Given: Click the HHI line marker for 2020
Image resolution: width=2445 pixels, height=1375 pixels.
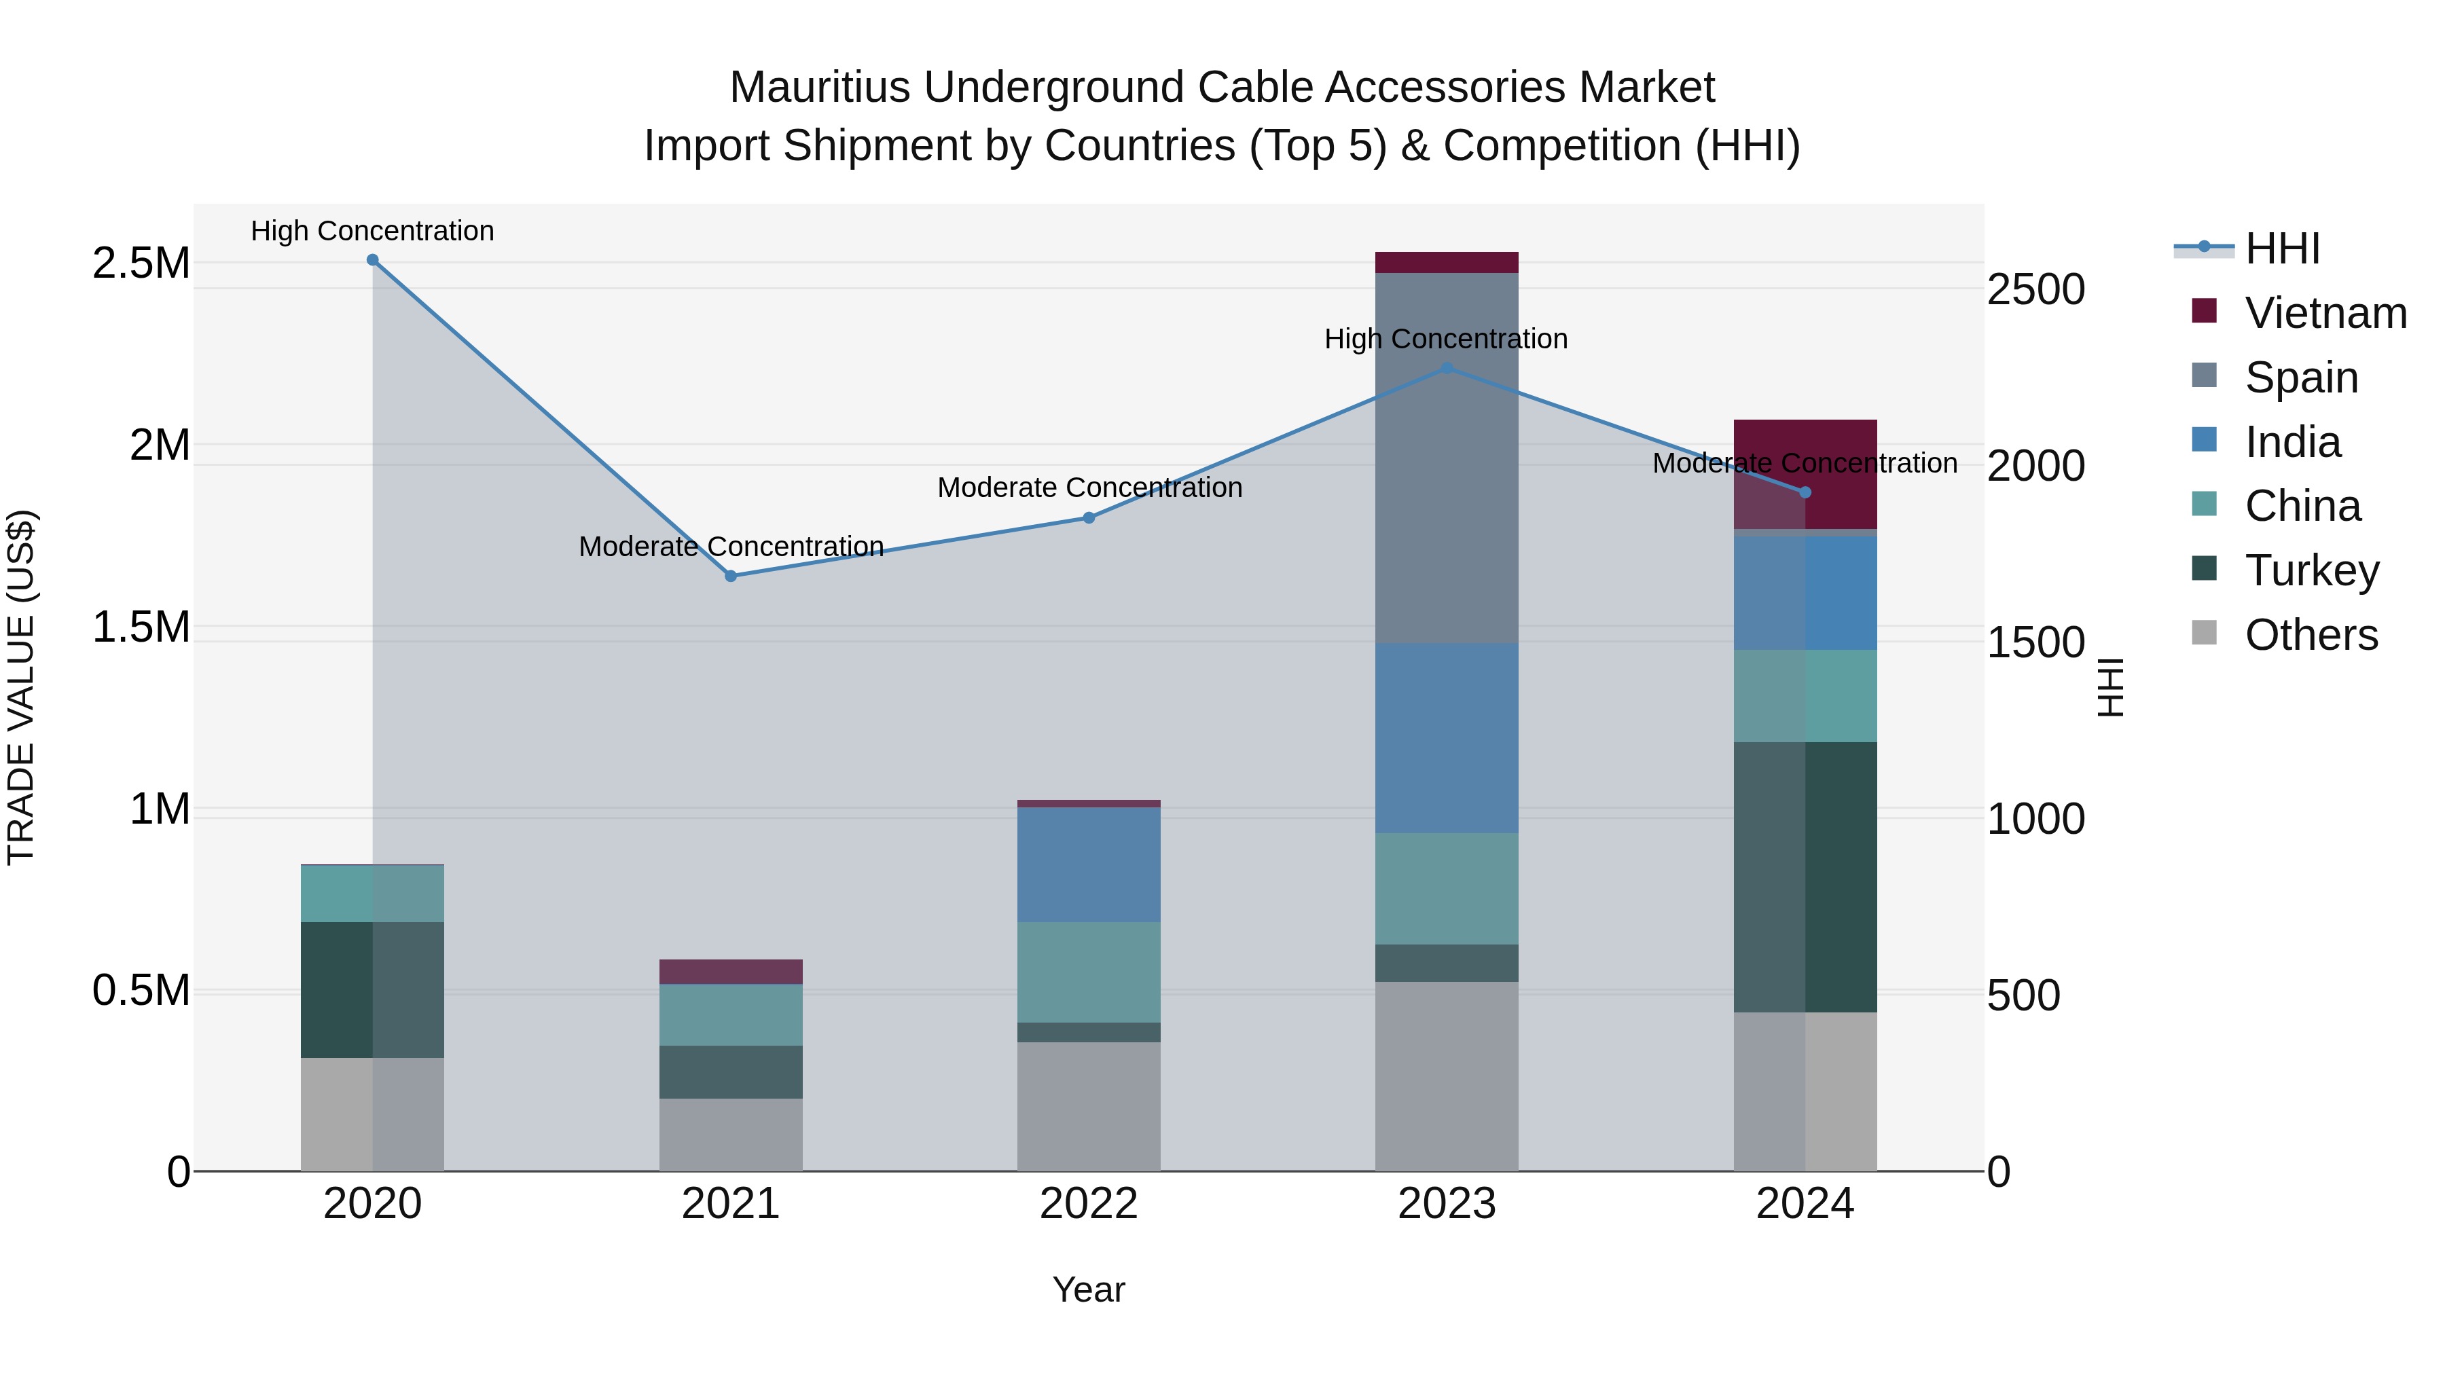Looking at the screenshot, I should coord(372,260).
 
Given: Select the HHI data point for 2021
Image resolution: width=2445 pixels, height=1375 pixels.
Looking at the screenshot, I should coord(731,576).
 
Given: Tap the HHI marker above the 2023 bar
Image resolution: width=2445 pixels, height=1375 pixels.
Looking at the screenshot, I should coord(1447,368).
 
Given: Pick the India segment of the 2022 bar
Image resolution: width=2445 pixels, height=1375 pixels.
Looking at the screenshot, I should coord(1089,864).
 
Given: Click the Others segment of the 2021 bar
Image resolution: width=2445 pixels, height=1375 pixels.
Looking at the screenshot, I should coord(731,1134).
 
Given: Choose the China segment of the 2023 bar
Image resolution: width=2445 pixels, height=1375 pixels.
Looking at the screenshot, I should coord(1447,888).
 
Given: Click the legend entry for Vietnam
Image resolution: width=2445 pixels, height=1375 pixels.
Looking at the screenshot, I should coord(2325,313).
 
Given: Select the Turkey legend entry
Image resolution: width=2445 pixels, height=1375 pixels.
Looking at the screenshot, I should coord(2311,570).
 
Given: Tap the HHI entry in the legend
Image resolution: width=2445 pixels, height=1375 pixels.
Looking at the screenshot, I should coord(2282,249).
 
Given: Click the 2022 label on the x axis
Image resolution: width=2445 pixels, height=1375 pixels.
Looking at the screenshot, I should coord(1089,1204).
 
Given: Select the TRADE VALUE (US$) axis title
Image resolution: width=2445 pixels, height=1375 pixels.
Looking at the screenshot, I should coord(21,687).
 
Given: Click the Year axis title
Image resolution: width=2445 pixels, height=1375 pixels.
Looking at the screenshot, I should coord(1089,1289).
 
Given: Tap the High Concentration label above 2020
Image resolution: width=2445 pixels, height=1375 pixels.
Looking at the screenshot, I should coord(372,231).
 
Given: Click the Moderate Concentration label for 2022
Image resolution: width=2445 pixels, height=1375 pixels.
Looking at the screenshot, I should coord(1089,488).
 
